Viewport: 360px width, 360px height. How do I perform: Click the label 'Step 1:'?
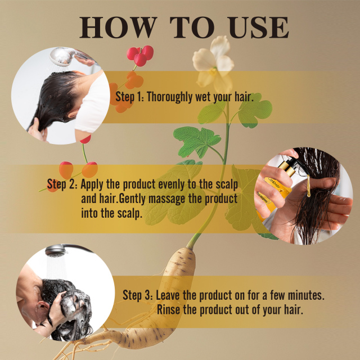(x=129, y=96)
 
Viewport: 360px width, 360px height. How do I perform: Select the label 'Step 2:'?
(x=62, y=184)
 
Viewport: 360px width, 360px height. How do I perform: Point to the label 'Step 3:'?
(x=137, y=295)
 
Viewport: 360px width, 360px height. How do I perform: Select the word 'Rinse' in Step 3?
(x=170, y=310)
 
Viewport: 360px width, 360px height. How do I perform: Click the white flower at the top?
(x=212, y=62)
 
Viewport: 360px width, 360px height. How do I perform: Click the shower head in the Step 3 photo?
(x=55, y=250)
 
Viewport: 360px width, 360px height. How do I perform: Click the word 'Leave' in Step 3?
(x=169, y=295)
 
